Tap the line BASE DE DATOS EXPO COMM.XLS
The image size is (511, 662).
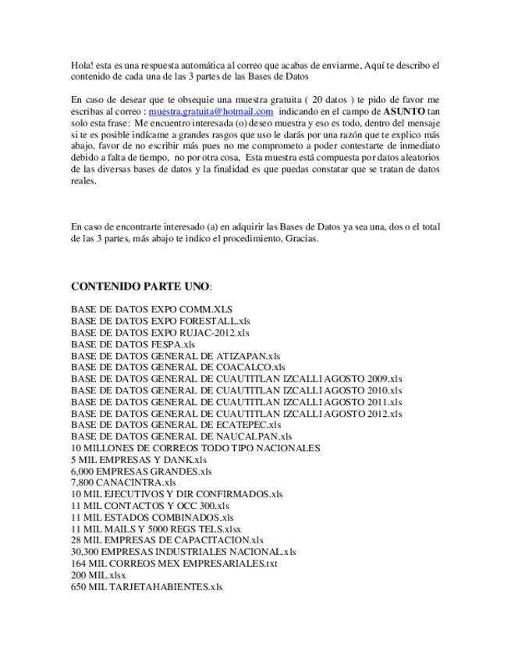tap(151, 309)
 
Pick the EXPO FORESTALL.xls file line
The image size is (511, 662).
tap(160, 321)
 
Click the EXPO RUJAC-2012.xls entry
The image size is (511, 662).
tap(160, 333)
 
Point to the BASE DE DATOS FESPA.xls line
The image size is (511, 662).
tap(133, 344)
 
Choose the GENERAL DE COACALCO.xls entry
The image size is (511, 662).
tap(178, 367)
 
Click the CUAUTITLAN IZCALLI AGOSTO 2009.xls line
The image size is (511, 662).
tap(236, 379)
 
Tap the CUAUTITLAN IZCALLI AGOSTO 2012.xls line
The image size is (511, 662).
tap(236, 413)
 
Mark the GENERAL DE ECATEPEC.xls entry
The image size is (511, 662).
tap(176, 425)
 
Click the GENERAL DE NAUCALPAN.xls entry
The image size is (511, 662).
tap(181, 436)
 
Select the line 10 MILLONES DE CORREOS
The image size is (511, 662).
tap(195, 448)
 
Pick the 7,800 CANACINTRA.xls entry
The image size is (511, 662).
tap(123, 482)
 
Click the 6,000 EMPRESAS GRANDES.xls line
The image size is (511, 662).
tap(141, 472)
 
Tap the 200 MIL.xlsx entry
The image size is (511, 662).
tap(98, 575)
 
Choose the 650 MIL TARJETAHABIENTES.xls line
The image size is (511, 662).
tap(147, 586)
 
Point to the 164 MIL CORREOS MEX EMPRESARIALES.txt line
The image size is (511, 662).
tap(174, 563)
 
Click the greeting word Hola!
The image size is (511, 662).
tap(81, 66)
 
